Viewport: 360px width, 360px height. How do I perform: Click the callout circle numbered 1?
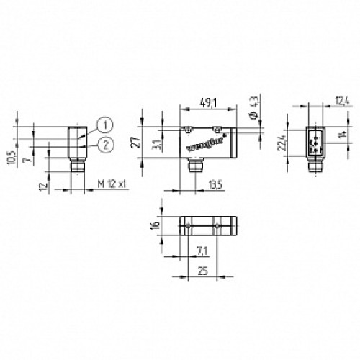[x=104, y=125]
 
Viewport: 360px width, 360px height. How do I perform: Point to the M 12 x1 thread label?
[x=112, y=184]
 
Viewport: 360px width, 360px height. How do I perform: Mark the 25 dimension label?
[x=202, y=271]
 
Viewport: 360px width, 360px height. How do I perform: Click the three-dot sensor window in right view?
[x=314, y=141]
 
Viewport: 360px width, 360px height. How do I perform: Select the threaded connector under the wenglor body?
[x=193, y=170]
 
